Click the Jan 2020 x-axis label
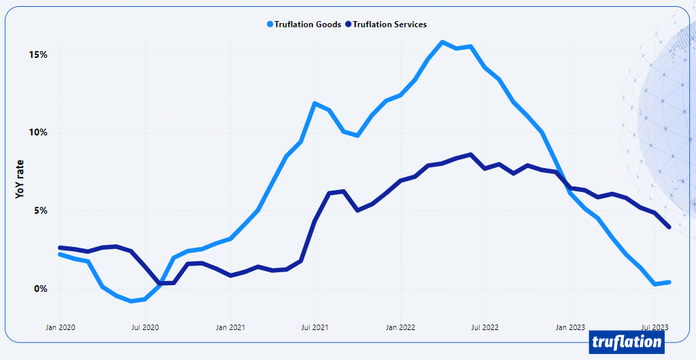click(x=60, y=327)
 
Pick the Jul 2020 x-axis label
click(x=145, y=327)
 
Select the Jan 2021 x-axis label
click(x=230, y=327)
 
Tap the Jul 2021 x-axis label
click(x=314, y=327)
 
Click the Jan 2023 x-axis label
click(x=569, y=327)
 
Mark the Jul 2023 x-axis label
click(x=654, y=327)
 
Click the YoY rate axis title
click(x=20, y=178)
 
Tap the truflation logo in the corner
click(x=627, y=342)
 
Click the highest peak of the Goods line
click(x=442, y=42)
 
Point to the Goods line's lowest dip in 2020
click(x=131, y=300)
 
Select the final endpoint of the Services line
click(x=669, y=227)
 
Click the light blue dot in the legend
click(x=270, y=24)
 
